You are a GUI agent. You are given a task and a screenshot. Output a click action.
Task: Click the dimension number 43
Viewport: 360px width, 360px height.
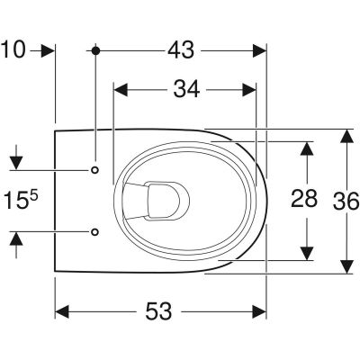tap(181, 50)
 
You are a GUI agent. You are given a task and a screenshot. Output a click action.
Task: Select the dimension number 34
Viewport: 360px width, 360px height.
tap(186, 89)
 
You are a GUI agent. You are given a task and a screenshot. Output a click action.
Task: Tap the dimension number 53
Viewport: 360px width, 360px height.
tap(158, 311)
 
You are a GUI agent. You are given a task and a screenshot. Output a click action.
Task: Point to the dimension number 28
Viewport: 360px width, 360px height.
tap(304, 198)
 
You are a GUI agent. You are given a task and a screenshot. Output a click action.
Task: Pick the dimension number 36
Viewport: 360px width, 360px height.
tap(346, 201)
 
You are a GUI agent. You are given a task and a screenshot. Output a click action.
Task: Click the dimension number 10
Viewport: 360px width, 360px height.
tap(13, 49)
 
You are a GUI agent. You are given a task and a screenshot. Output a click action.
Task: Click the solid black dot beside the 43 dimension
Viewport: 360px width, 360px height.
tap(95, 50)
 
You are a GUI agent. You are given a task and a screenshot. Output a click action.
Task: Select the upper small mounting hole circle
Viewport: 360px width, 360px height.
tap(94, 170)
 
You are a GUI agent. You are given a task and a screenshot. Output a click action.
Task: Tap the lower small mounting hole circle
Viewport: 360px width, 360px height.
tap(94, 231)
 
